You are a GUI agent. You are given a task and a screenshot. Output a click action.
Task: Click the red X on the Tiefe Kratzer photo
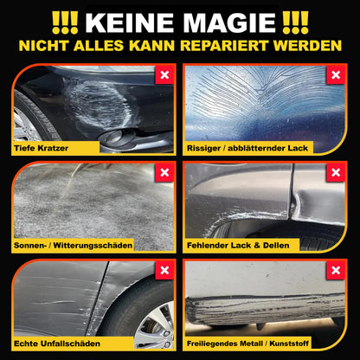[x=164, y=74]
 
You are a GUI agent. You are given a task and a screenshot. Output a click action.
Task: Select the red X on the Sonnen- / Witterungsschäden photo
[x=164, y=172]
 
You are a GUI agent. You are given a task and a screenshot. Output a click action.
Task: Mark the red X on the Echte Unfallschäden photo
[x=164, y=271]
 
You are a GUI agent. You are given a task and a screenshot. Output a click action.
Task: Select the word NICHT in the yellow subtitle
[x=51, y=44]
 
